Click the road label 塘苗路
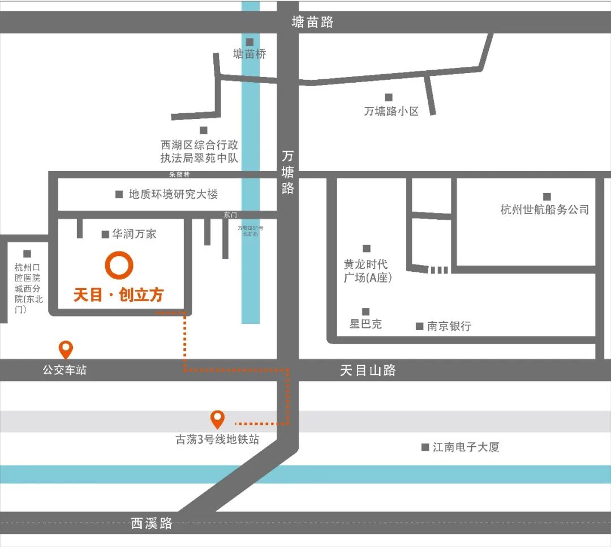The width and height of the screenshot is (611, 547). (x=312, y=22)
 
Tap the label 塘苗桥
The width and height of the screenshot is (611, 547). (x=249, y=54)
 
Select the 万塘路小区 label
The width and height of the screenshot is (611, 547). (x=391, y=111)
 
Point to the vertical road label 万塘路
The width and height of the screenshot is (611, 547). (x=288, y=172)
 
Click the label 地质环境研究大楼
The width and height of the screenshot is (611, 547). (x=173, y=194)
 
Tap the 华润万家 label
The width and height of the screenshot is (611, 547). (x=134, y=234)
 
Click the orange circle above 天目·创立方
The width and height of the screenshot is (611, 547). (x=119, y=265)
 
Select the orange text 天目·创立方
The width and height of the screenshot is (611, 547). (x=118, y=294)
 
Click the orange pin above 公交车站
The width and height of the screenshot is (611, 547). (x=66, y=349)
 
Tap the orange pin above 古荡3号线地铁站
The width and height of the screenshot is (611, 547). (x=217, y=419)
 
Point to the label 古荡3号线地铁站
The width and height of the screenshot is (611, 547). (x=217, y=439)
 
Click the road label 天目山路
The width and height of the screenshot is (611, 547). (x=368, y=370)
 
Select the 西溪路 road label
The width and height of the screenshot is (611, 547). (x=152, y=523)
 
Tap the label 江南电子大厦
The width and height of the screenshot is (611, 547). (x=466, y=447)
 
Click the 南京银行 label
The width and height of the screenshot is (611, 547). (x=449, y=326)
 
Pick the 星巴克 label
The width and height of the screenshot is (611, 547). (x=365, y=324)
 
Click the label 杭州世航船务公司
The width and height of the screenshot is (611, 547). (x=545, y=210)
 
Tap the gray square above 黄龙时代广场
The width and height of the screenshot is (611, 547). (x=367, y=249)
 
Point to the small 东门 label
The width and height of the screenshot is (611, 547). (x=230, y=215)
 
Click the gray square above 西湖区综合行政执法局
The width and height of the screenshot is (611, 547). (x=204, y=131)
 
